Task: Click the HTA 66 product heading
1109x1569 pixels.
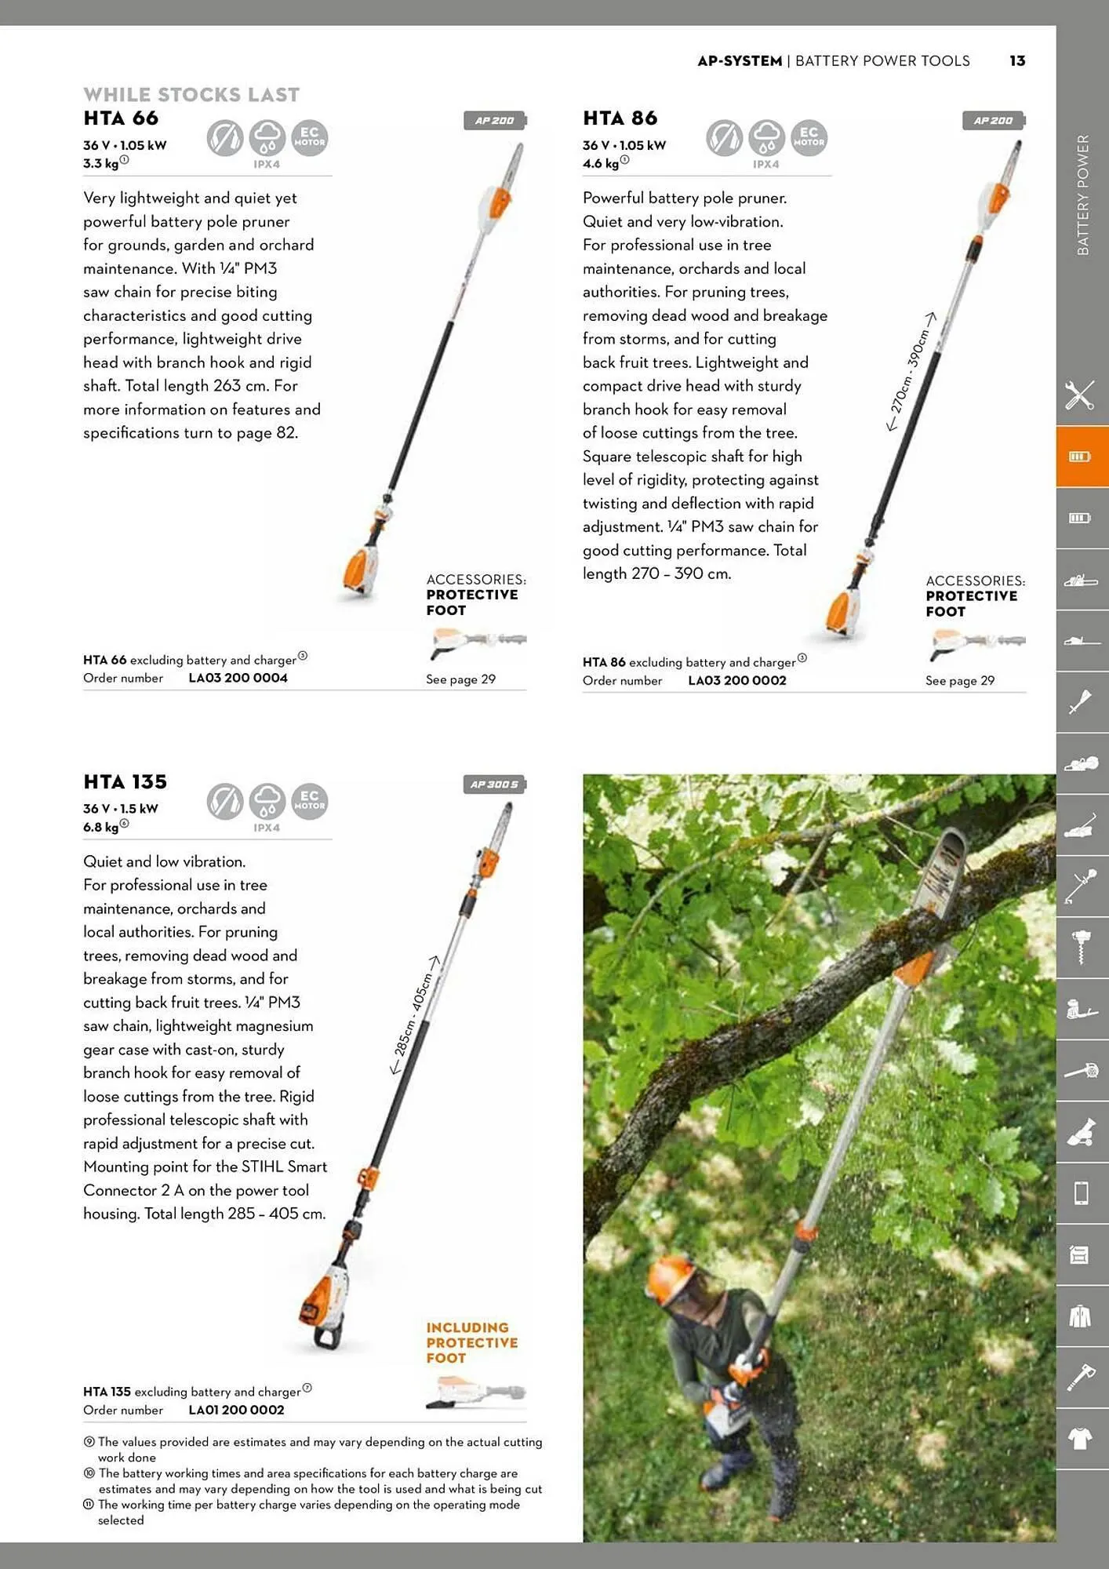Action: coord(121,118)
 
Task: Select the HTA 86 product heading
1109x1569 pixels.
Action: coord(620,118)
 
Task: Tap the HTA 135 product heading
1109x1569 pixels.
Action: coord(125,782)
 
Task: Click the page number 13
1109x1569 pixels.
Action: coord(1017,61)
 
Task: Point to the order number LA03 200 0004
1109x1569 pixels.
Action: coord(238,678)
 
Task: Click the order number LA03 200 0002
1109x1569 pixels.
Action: coord(736,681)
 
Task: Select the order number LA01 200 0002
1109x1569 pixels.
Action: coord(236,1410)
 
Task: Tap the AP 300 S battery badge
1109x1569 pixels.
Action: coord(494,784)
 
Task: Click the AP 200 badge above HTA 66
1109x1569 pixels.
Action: coord(494,121)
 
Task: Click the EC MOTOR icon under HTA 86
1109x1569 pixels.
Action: coord(809,138)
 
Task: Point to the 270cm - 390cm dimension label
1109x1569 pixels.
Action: coord(911,370)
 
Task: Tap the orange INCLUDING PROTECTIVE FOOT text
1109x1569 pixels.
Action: coord(471,1342)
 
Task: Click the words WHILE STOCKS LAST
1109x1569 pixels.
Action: coord(191,95)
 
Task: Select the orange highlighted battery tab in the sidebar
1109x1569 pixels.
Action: coord(1081,457)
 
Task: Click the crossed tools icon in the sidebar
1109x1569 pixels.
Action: coord(1081,395)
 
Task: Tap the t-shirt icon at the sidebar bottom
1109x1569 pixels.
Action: coord(1081,1439)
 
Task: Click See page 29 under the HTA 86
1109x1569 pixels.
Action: coord(959,681)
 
